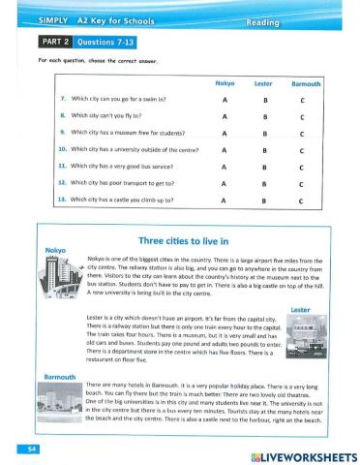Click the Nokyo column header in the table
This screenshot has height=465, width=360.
point(224,83)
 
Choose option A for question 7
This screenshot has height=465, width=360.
point(224,99)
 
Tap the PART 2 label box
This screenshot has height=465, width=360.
point(54,42)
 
